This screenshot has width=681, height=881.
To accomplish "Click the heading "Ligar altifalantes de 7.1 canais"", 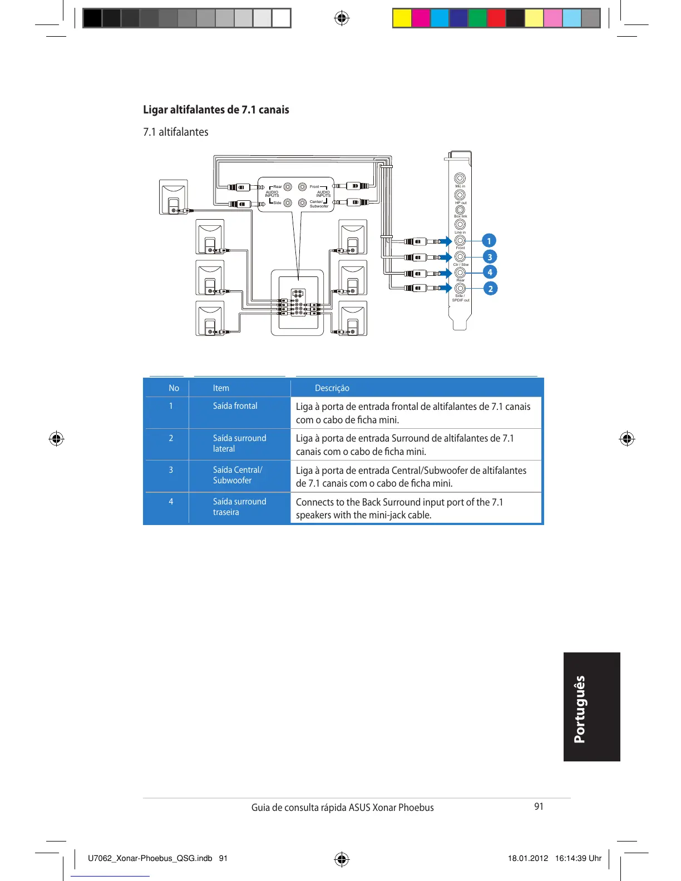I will tap(216, 110).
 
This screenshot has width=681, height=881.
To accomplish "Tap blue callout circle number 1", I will tap(489, 241).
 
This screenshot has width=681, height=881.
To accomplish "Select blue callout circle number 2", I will tap(490, 289).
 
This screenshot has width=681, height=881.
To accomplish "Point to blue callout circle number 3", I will tap(490, 257).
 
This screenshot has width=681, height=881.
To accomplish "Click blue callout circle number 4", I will tap(490, 273).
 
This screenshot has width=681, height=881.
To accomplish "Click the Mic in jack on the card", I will tap(460, 178).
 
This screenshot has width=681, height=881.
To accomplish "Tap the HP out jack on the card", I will tap(460, 195).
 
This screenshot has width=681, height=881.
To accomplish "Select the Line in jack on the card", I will tap(460, 225).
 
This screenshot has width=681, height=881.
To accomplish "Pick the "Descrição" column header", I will tap(332, 388).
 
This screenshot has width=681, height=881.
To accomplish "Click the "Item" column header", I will tap(221, 388).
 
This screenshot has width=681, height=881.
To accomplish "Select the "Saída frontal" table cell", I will tap(235, 406).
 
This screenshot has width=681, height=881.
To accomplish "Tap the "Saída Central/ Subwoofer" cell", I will tap(238, 475).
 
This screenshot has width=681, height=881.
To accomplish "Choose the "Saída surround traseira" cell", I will tap(239, 507).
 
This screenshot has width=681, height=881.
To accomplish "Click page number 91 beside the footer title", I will tap(539, 806).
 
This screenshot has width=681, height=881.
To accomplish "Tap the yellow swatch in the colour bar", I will tap(402, 18).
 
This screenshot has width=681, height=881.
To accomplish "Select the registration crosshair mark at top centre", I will tap(342, 18).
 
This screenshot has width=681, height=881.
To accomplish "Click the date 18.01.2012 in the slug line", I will tap(527, 858).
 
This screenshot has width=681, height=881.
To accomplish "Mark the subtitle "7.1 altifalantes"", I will tap(176, 132).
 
